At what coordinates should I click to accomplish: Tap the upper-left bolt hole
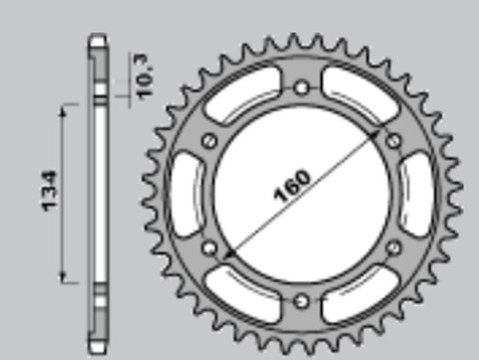[209, 141]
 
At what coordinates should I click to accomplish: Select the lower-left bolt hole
[209, 245]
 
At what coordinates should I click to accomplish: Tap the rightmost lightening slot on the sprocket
[419, 193]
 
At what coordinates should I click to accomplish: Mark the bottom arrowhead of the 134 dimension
[66, 278]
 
